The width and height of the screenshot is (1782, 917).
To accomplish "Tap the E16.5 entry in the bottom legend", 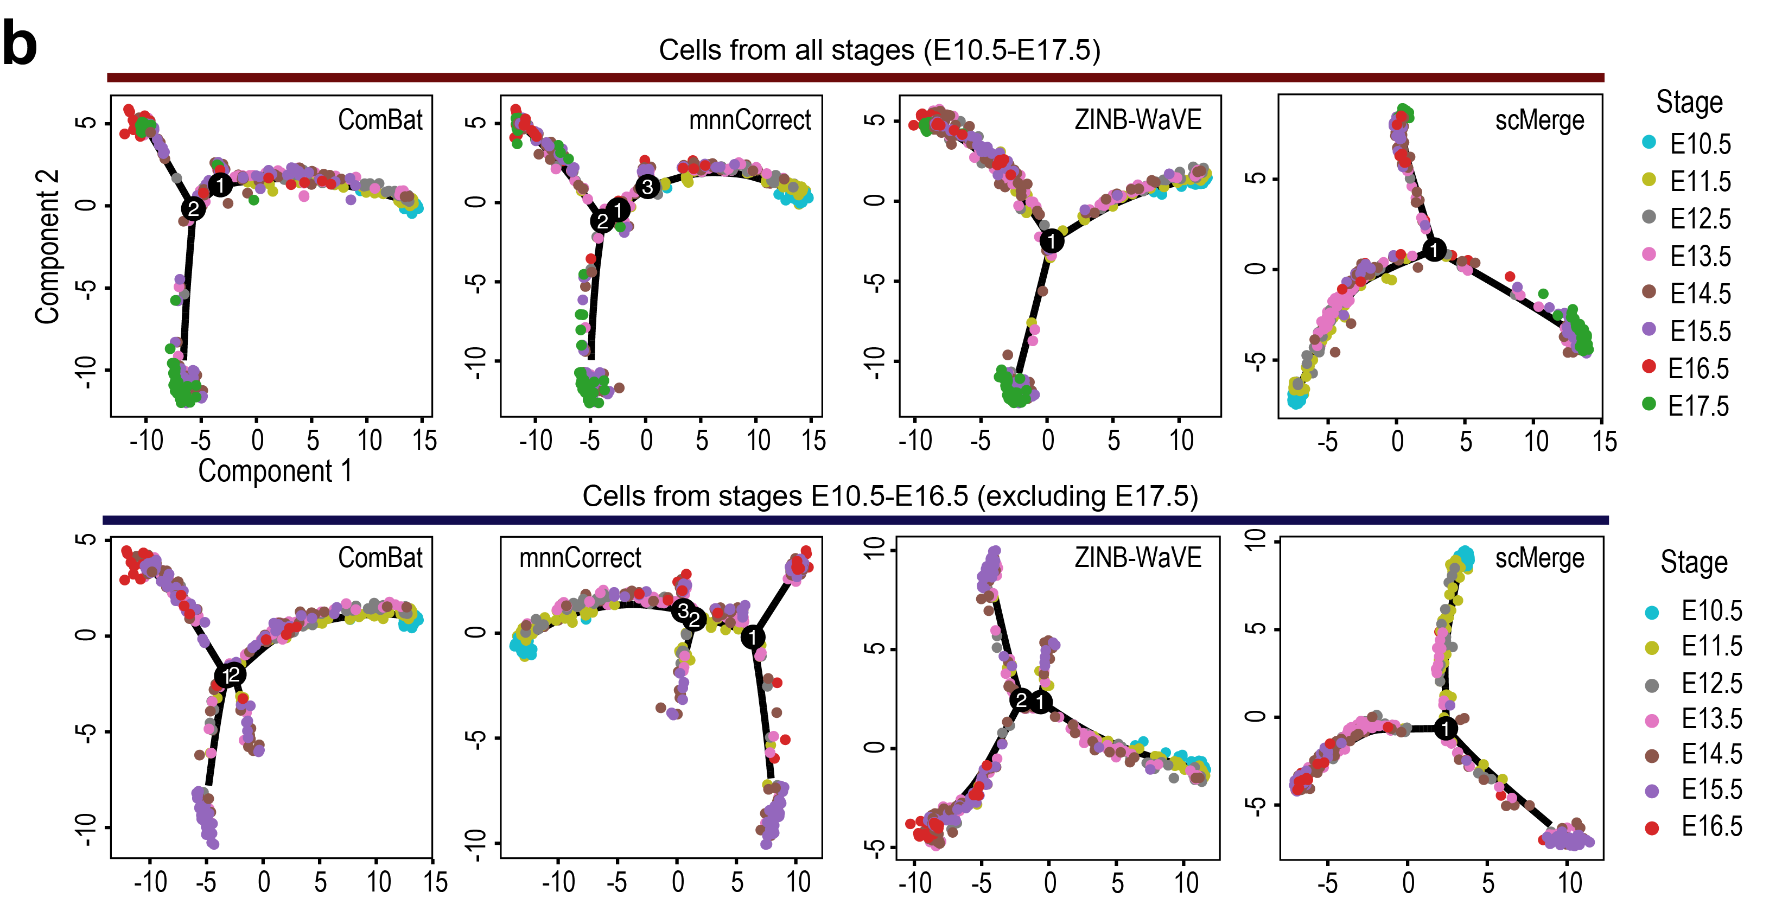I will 1711,826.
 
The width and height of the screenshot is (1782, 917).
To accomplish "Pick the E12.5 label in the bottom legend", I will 1711,683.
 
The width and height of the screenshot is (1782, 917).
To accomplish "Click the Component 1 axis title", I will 275,471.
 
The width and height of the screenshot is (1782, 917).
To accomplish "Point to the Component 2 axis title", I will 47,246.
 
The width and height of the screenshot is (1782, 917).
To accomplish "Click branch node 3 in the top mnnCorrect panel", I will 647,187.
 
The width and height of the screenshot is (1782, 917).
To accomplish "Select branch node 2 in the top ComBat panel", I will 193,208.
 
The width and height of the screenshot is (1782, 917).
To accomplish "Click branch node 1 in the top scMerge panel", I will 1434,250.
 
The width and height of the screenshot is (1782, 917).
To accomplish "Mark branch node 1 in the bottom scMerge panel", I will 1445,728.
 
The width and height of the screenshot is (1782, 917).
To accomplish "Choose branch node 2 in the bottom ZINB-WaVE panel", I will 1021,700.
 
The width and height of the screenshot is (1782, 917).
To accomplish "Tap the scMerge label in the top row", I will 1539,120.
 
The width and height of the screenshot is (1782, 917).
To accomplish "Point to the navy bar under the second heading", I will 855,520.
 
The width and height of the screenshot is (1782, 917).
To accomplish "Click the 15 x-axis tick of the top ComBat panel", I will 425,440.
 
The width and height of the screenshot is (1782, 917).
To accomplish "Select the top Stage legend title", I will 1689,103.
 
